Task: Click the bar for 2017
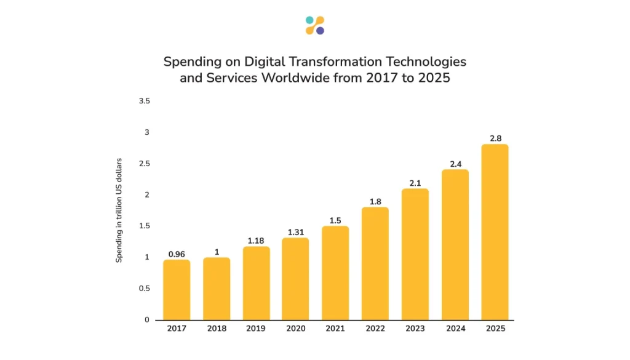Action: pyautogui.click(x=177, y=289)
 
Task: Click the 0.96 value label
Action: pyautogui.click(x=177, y=253)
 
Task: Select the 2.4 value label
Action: pyautogui.click(x=455, y=163)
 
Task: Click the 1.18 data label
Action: pyautogui.click(x=256, y=240)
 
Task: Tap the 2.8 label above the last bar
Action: pyautogui.click(x=495, y=138)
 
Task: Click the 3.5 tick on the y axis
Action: pyautogui.click(x=145, y=100)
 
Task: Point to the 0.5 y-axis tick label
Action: pyautogui.click(x=145, y=289)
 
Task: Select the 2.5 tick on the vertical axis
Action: pyautogui.click(x=145, y=164)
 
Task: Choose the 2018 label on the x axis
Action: pyautogui.click(x=217, y=329)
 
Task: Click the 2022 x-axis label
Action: pyautogui.click(x=375, y=329)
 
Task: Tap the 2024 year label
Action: pyautogui.click(x=455, y=329)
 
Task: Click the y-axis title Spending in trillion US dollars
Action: pyautogui.click(x=119, y=210)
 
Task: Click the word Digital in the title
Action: pyautogui.click(x=261, y=62)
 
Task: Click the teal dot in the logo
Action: pyautogui.click(x=309, y=20)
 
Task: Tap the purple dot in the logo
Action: pyautogui.click(x=320, y=31)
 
